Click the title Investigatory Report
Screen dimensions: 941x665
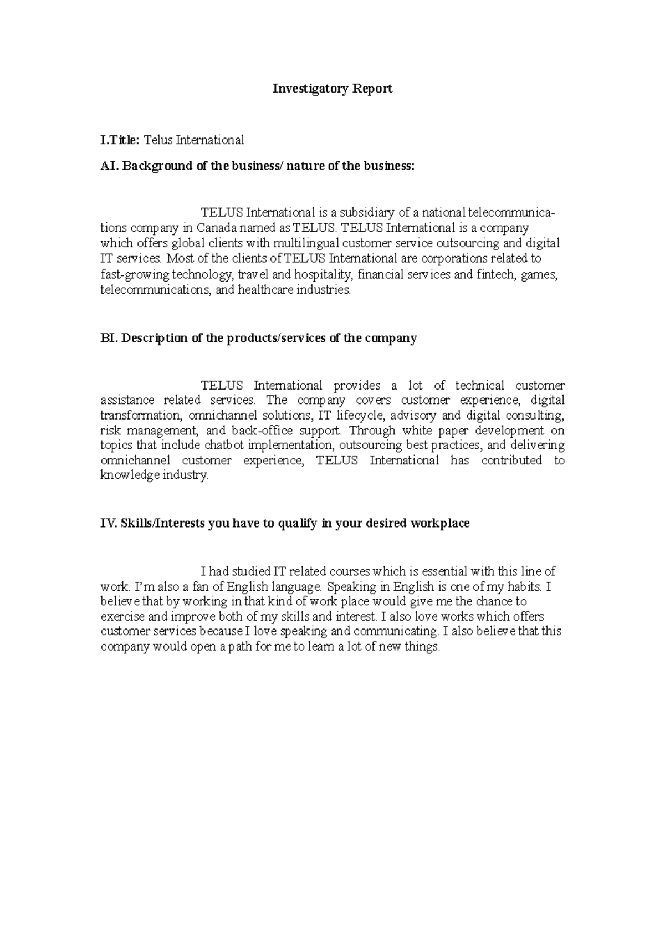pos(332,89)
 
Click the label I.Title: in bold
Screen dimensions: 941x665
pos(120,140)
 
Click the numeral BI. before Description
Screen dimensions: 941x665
pos(108,339)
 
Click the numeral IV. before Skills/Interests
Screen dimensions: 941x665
pos(109,524)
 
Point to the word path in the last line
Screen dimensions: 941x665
pos(240,647)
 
